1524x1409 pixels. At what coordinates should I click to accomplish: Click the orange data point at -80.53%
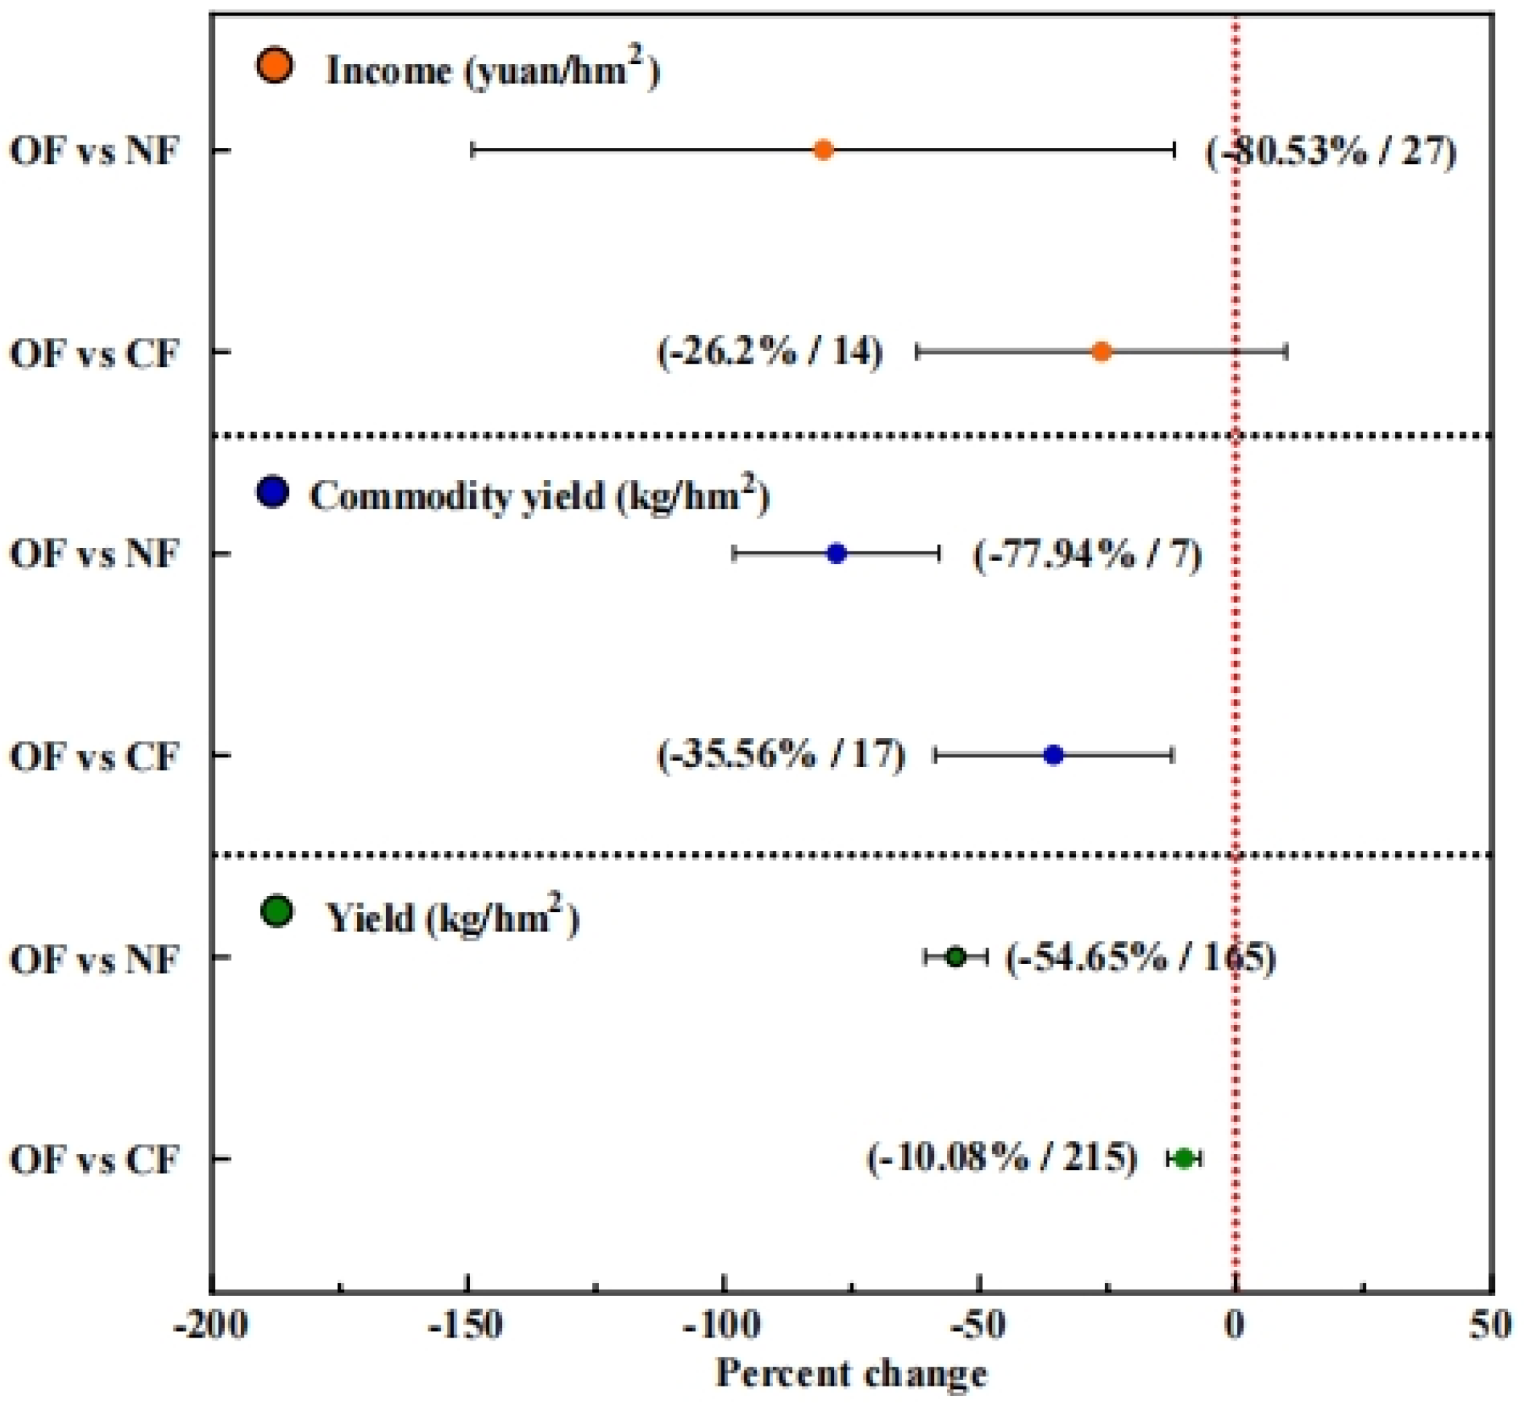coord(822,149)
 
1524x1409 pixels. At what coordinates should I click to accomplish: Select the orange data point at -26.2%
coord(1101,351)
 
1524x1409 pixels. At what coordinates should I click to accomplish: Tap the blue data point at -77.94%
coord(836,554)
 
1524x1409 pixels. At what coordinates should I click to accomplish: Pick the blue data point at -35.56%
coord(1053,755)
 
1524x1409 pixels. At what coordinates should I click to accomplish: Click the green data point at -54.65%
coord(955,957)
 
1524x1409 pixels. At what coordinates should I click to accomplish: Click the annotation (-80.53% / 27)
coord(1330,152)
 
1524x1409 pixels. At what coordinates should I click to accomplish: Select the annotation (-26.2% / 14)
coord(770,353)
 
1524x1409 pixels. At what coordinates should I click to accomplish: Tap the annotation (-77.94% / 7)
coord(1087,554)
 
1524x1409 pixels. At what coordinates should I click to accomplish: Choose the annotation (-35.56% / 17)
coord(782,755)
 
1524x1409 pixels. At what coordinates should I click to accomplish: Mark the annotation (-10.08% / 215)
coord(1002,1158)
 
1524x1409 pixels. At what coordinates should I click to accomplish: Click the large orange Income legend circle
coord(274,66)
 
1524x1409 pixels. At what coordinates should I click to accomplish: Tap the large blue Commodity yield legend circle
coord(272,492)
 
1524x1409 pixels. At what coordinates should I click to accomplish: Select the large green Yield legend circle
coord(276,911)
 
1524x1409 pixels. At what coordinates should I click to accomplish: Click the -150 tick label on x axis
coord(466,1326)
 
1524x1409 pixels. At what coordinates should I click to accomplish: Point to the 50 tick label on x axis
coord(1490,1326)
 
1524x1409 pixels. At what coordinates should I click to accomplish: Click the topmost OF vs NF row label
coord(95,150)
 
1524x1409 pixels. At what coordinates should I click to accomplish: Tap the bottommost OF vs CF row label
coord(95,1160)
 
